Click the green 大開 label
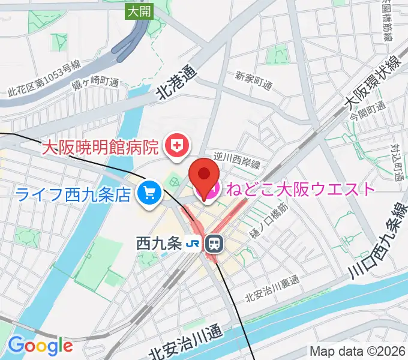[x=139, y=10]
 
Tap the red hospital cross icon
[x=178, y=145]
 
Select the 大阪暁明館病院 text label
[x=100, y=146]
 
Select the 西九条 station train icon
[x=213, y=243]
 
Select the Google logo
[x=40, y=346]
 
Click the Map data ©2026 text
[x=358, y=351]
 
